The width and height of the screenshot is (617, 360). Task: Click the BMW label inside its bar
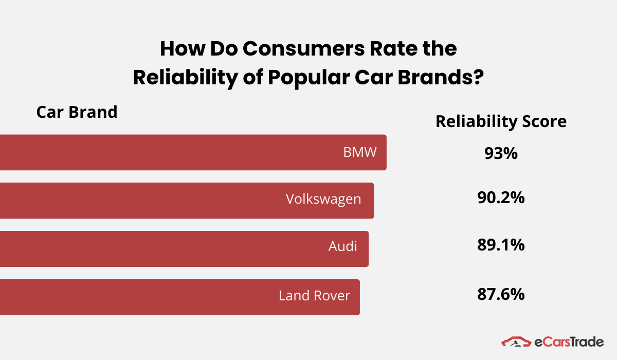tap(360, 153)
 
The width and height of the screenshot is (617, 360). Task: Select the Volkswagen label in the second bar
tap(323, 199)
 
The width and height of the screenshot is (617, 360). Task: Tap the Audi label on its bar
tap(342, 246)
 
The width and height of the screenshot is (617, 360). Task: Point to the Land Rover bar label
tap(314, 296)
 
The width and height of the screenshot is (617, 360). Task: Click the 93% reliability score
tap(500, 153)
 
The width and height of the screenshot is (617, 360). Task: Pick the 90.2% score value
tap(500, 197)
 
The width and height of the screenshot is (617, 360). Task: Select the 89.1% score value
tap(500, 245)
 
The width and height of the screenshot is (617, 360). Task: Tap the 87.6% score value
tap(500, 294)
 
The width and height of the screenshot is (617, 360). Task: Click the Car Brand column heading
tap(77, 112)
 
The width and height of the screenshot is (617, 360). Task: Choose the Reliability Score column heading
tap(501, 121)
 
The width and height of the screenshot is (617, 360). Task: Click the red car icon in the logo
tap(516, 342)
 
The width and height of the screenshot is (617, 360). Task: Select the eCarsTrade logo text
tap(569, 342)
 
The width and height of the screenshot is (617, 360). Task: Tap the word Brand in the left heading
tap(96, 112)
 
